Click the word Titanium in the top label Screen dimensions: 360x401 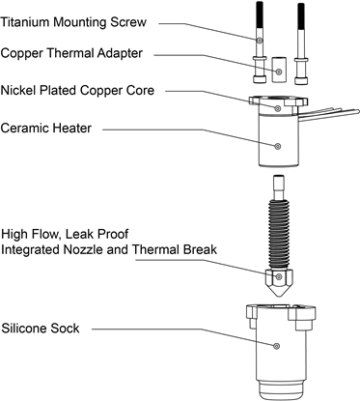tap(25, 22)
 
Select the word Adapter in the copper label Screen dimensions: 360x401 tap(120, 53)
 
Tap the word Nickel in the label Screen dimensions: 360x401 tap(18, 90)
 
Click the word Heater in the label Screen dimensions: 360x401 tap(71, 128)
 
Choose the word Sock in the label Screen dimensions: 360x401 tap(66, 329)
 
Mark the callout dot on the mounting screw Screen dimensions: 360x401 tap(260, 41)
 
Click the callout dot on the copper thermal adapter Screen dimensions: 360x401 tap(279, 71)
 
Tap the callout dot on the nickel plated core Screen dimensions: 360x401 tap(278, 108)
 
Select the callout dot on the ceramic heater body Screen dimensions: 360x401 tap(278, 146)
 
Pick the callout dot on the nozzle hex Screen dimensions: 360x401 tap(279, 276)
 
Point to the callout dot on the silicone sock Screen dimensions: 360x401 tap(276, 346)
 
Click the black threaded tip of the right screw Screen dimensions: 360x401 tap(301, 16)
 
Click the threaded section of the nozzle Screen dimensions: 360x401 tap(279, 235)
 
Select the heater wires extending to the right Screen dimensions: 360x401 tap(329, 114)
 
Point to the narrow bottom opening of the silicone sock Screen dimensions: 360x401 tap(281, 390)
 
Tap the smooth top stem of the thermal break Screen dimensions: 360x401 tap(279, 187)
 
